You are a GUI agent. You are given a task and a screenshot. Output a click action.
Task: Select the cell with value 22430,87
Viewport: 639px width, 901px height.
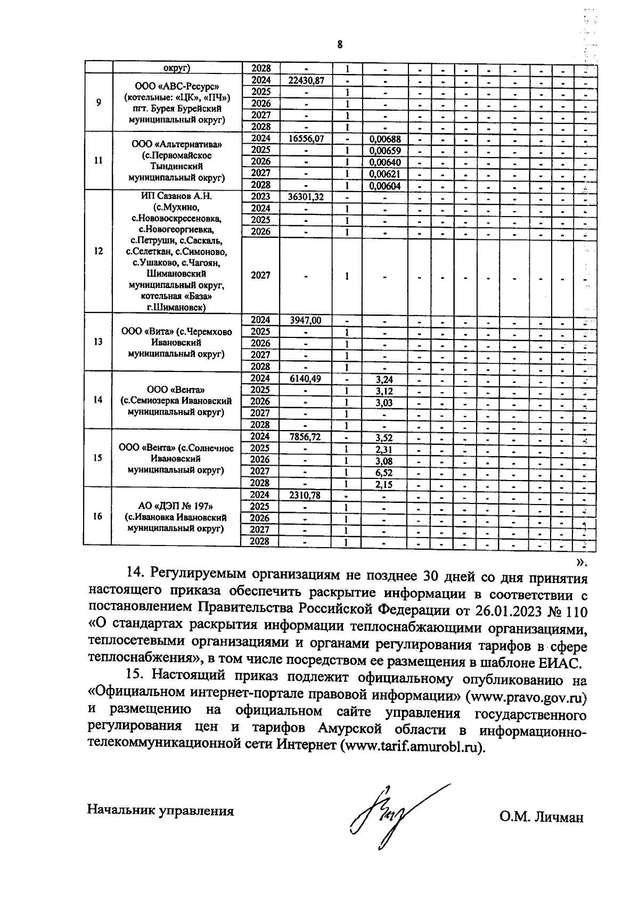coord(306,80)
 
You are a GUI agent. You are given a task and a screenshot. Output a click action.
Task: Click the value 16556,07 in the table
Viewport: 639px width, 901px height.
coord(306,138)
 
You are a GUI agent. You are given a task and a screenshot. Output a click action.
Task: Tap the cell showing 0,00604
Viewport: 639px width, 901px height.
coord(384,186)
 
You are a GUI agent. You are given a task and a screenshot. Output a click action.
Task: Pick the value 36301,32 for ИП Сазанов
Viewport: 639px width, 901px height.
coord(306,196)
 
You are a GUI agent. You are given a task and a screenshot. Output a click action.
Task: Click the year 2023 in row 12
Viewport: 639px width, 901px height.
coord(260,196)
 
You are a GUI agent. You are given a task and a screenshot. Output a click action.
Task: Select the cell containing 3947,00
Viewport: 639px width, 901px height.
coord(306,320)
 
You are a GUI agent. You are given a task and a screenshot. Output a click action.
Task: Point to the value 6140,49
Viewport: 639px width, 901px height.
coord(306,379)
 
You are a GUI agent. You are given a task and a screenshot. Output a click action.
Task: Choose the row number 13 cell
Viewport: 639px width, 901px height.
coord(97,342)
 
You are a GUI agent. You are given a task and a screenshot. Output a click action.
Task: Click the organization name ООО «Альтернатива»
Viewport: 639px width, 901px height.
coord(177,145)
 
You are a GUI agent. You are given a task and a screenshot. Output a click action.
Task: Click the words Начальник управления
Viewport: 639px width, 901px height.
coord(160,811)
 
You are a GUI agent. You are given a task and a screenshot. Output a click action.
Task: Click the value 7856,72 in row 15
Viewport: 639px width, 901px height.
coord(306,437)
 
